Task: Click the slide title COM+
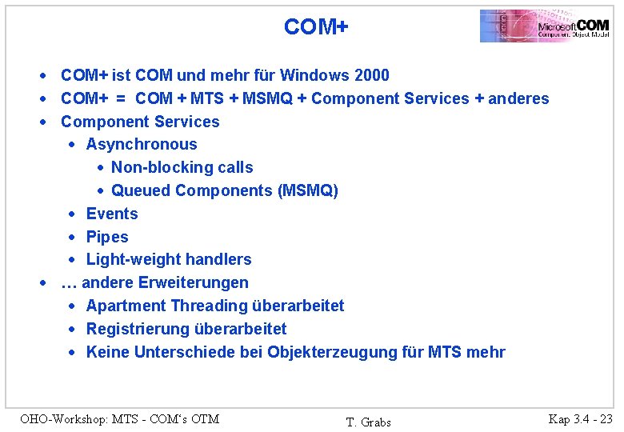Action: (316, 27)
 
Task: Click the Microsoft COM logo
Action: (545, 26)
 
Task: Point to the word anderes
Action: (518, 99)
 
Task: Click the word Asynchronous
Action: (142, 145)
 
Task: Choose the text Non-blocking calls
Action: (182, 168)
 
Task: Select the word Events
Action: (112, 214)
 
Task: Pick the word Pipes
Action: (107, 238)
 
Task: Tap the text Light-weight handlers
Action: (169, 260)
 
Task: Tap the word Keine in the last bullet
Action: (108, 353)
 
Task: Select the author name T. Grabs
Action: (368, 422)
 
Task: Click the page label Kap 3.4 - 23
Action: (580, 418)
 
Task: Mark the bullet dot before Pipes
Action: (72, 238)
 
